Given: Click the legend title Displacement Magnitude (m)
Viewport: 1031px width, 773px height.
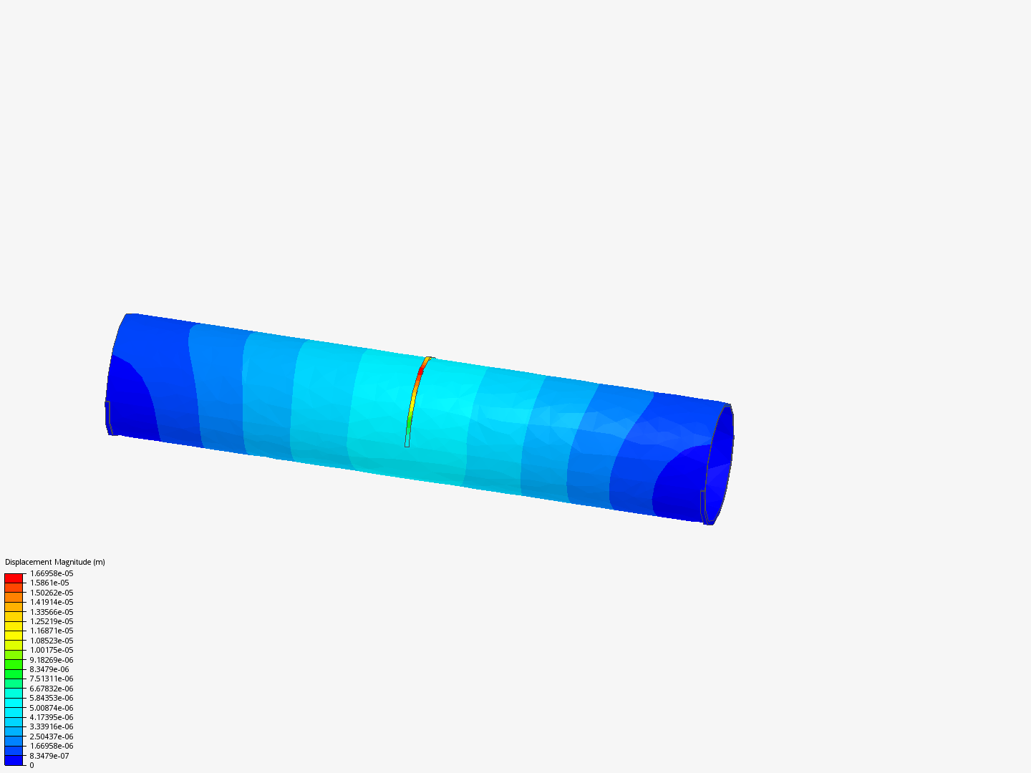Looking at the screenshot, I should click(55, 562).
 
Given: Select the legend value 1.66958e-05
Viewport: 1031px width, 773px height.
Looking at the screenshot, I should click(52, 573).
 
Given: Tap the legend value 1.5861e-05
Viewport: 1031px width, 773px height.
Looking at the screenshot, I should click(49, 583).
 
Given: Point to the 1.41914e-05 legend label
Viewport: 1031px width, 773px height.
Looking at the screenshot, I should click(52, 602).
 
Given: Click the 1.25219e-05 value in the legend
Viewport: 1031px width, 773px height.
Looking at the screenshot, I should click(52, 621).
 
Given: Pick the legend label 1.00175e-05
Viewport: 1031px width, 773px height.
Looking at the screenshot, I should click(52, 650).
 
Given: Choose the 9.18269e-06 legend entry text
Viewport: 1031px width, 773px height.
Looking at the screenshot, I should click(52, 660).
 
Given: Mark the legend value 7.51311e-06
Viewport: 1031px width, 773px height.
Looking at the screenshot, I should click(52, 679).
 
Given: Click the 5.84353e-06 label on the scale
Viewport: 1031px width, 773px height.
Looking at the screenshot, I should click(52, 698).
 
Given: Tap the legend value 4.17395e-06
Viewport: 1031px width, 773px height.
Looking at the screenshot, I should click(52, 717).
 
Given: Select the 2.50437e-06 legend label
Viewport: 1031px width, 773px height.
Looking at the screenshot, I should click(52, 736).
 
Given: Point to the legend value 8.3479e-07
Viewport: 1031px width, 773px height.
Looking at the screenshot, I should click(49, 756).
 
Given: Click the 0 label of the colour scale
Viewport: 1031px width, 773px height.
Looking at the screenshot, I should click(32, 765).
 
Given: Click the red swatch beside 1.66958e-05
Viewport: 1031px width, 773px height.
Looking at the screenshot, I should click(14, 578).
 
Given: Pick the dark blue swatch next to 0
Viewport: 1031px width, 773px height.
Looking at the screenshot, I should click(14, 761).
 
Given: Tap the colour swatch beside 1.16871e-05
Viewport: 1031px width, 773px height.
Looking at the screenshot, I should click(14, 626).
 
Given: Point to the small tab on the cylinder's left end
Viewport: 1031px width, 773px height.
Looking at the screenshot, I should click(108, 417).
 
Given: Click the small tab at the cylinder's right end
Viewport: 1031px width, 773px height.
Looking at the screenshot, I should click(702, 505).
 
